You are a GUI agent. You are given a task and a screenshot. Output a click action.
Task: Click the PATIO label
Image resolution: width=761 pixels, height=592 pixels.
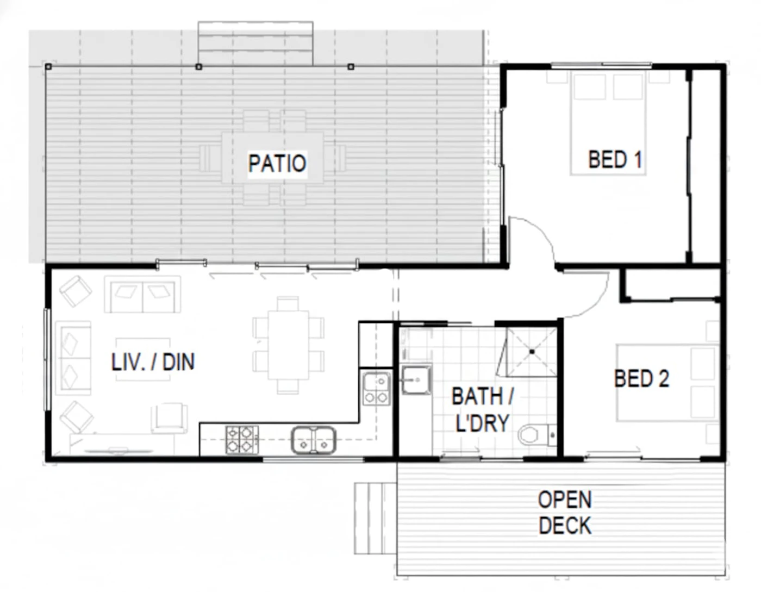[277, 163]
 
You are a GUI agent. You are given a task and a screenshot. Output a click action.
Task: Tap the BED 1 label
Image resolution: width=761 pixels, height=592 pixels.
[615, 159]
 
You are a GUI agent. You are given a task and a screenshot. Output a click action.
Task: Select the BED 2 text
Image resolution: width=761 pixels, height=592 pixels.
[641, 378]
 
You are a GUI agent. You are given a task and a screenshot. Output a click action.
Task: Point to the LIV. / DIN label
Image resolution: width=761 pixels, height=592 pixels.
[153, 362]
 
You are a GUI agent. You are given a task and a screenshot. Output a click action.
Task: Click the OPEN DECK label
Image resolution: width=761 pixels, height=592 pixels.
[565, 513]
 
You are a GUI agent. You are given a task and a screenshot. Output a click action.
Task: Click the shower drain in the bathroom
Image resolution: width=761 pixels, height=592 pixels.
[532, 351]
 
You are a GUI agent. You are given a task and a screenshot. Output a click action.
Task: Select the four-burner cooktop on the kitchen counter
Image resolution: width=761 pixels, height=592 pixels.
[242, 440]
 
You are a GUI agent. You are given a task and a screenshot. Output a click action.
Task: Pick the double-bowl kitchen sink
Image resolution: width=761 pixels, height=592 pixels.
[314, 440]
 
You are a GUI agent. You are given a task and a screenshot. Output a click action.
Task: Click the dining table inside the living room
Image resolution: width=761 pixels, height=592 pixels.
[288, 345]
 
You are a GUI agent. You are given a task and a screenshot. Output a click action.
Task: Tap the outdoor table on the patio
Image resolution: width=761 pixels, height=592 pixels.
[272, 157]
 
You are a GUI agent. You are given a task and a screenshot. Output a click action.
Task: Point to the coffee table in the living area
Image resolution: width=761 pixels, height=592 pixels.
[143, 359]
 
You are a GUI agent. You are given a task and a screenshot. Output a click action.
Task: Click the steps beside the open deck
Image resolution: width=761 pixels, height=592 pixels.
[375, 519]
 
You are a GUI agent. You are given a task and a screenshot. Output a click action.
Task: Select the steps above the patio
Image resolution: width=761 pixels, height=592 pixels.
[255, 43]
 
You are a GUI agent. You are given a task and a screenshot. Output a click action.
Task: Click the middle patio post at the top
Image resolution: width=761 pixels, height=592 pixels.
[198, 66]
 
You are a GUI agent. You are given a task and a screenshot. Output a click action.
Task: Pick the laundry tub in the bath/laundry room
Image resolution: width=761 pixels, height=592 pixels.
[416, 380]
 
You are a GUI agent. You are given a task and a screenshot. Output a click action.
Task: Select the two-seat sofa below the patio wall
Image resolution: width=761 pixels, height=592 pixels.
[142, 294]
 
